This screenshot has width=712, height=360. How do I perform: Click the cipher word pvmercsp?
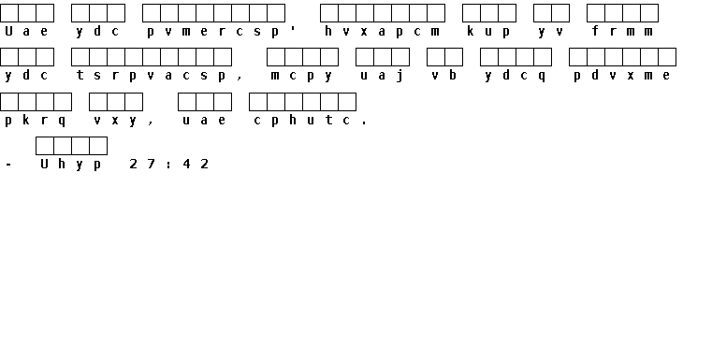click(x=212, y=32)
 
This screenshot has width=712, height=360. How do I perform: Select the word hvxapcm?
click(x=383, y=31)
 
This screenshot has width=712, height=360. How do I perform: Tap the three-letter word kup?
click(x=488, y=31)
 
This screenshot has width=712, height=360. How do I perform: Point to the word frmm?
click(x=622, y=31)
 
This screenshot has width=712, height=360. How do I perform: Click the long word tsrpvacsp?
click(x=151, y=76)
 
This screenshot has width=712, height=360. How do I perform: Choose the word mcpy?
click(x=301, y=76)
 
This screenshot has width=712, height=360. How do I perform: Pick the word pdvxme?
click(x=621, y=76)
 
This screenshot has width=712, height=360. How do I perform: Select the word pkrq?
click(x=35, y=121)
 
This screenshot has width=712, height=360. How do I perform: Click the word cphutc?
click(x=302, y=121)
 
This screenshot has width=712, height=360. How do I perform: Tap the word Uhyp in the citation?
click(x=71, y=165)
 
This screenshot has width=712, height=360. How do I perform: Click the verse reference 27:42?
click(x=169, y=164)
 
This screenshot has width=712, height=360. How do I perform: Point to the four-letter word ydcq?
click(x=515, y=76)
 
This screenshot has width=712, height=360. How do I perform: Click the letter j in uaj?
click(x=400, y=76)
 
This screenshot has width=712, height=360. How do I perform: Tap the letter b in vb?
click(x=453, y=75)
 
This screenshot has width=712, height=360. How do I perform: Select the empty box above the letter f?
click(x=595, y=13)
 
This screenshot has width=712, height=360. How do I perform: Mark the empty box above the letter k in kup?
click(x=471, y=13)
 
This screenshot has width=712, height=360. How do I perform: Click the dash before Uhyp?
click(x=8, y=165)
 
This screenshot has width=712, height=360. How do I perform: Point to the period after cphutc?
click(x=364, y=123)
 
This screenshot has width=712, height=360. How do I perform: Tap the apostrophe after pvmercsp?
click(x=293, y=28)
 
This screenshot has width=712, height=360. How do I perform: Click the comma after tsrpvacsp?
click(x=240, y=79)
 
